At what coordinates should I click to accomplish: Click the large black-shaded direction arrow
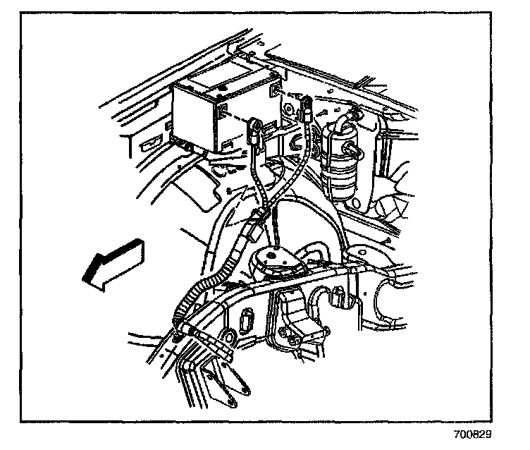(x=113, y=262)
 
